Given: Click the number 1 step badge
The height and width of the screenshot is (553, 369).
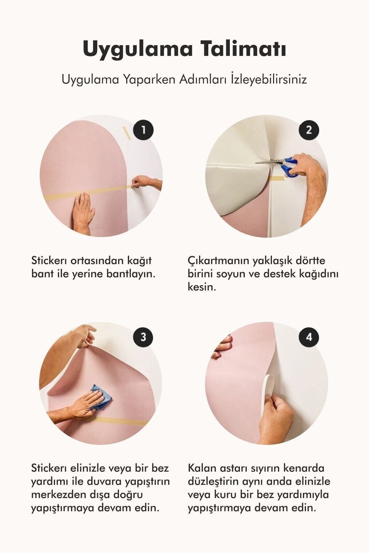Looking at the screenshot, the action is tap(143, 130).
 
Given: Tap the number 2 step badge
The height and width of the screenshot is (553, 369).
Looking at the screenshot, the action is tap(309, 130).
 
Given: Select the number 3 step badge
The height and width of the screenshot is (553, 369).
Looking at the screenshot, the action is tap(143, 337).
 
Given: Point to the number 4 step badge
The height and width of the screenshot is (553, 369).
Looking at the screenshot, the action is tap(309, 337).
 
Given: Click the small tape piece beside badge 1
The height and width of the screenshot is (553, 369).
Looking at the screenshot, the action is tap(126, 133).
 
